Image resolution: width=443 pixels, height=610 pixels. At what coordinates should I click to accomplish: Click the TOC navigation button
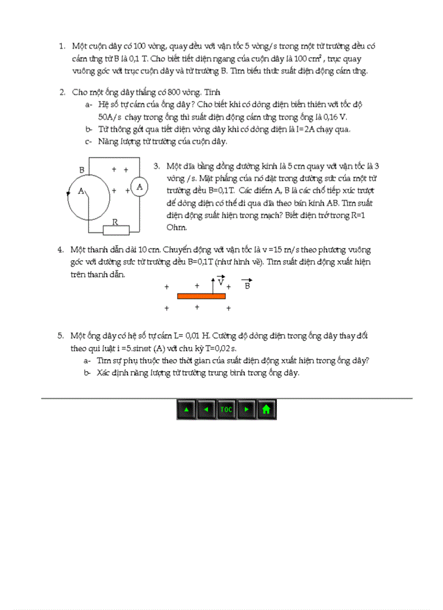pyautogui.click(x=226, y=409)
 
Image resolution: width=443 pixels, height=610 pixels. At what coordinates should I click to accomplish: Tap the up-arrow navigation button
pyautogui.click(x=186, y=409)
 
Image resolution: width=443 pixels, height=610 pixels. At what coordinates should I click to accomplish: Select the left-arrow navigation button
pyautogui.click(x=206, y=409)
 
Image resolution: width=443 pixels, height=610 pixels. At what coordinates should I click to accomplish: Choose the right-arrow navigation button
pyautogui.click(x=246, y=409)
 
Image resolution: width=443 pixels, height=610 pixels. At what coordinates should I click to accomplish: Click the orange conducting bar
pyautogui.click(x=201, y=296)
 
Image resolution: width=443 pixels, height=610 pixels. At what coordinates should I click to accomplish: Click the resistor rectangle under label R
pyautogui.click(x=116, y=230)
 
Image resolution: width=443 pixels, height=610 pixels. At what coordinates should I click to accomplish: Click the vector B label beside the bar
pyautogui.click(x=247, y=285)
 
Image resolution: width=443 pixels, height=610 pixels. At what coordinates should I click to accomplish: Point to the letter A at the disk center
pyautogui.click(x=81, y=191)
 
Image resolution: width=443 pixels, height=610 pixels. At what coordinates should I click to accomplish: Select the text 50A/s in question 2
pyautogui.click(x=110, y=117)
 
